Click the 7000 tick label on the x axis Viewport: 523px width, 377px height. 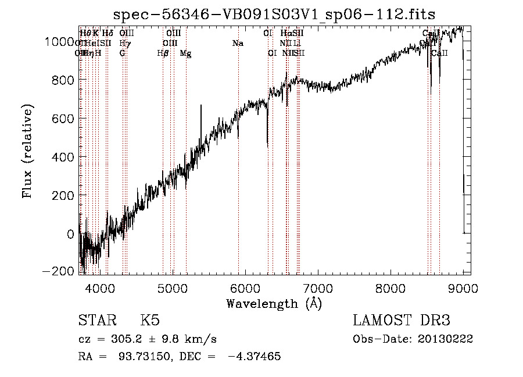[x=318, y=286]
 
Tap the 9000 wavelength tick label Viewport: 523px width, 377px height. [x=463, y=286]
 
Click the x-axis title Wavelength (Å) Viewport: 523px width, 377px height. [x=274, y=303]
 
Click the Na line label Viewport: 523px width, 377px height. [x=238, y=43]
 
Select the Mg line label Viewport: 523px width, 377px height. [x=185, y=53]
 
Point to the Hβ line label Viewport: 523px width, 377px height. [x=163, y=53]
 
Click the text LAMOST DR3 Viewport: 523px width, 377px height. [x=401, y=321]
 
